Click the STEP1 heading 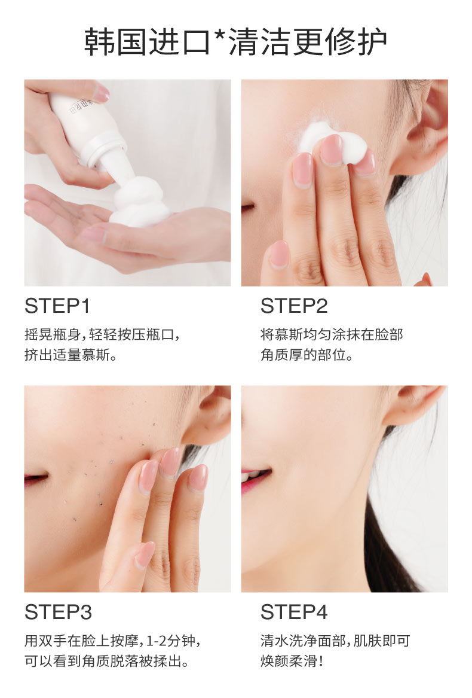pos(57,306)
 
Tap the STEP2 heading pos(294,306)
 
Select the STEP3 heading pos(59,612)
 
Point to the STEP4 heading pos(294,612)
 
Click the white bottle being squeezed pos(89,130)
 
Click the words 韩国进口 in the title pos(147,42)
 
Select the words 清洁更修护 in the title pos(308,42)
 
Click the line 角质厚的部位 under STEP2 pos(307,355)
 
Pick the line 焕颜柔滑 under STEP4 pos(292,661)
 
